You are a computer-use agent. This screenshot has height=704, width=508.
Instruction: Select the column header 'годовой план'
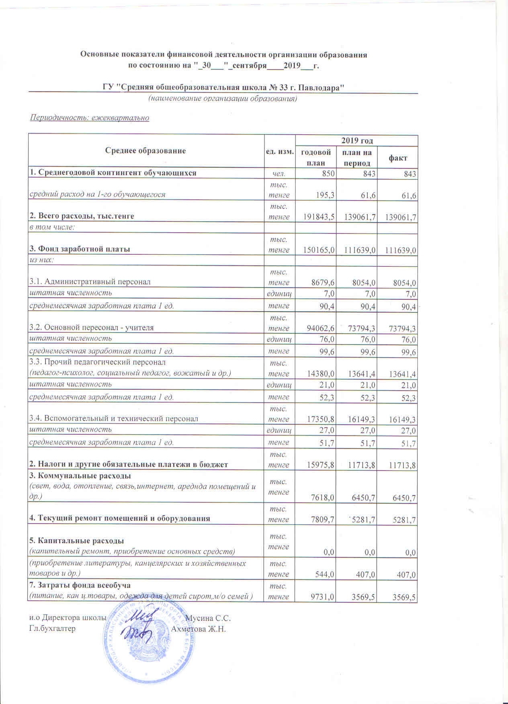[316, 157]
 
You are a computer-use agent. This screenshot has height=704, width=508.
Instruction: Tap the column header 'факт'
[397, 158]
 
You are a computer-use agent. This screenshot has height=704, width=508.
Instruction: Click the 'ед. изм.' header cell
[280, 151]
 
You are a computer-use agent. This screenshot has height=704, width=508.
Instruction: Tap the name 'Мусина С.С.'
[208, 618]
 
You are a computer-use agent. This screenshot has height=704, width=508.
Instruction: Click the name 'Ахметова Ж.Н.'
[199, 629]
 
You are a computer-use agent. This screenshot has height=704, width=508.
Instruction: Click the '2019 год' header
[357, 141]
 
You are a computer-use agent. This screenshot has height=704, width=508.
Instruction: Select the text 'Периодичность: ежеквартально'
[90, 118]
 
